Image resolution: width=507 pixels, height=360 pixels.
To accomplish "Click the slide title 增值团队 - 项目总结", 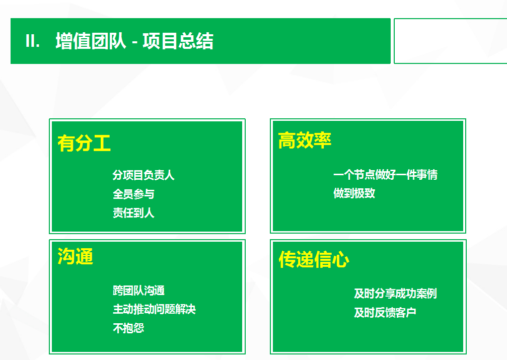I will [x=134, y=41].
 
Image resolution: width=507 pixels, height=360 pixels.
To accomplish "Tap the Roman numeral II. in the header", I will [x=33, y=41].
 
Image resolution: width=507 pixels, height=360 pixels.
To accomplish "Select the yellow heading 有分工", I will [x=84, y=143].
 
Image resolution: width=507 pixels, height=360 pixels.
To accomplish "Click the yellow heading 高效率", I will [x=305, y=140].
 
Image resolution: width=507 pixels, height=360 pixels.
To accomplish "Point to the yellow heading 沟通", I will [x=76, y=257].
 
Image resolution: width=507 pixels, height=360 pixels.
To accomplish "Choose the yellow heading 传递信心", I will [x=314, y=260].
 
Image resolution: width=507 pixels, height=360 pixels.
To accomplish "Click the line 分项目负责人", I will [x=143, y=175].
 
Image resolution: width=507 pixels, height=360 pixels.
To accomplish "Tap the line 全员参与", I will [x=133, y=194].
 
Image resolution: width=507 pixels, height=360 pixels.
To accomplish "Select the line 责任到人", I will [x=133, y=213].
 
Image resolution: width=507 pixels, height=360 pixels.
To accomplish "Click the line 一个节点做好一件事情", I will [x=385, y=175].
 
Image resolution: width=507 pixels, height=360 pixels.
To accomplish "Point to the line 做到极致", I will [x=354, y=193].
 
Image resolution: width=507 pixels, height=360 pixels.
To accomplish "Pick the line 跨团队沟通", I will [x=139, y=291].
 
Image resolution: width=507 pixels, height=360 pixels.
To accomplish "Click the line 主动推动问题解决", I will [x=154, y=309].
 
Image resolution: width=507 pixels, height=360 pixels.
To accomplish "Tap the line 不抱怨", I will [x=128, y=328].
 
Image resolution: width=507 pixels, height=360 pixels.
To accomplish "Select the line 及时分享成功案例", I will [x=395, y=294].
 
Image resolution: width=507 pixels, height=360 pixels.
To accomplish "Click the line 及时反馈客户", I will [x=385, y=313].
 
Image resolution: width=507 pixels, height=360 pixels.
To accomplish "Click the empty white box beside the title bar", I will [x=450, y=41].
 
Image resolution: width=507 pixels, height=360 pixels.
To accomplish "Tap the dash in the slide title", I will [x=134, y=42].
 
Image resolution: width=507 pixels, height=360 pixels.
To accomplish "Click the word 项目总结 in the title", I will [x=178, y=41].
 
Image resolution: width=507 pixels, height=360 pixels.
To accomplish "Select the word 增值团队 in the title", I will [x=91, y=41].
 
